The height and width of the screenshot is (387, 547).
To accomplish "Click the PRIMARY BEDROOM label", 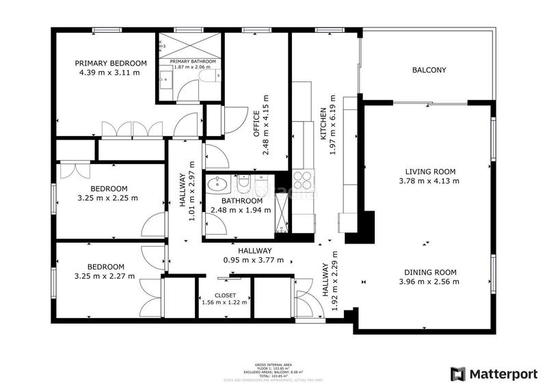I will click(110, 63).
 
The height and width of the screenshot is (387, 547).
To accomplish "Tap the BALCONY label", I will click(429, 70).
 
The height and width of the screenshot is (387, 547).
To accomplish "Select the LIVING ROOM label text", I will click(430, 172).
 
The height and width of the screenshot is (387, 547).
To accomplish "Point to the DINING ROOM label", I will click(429, 271).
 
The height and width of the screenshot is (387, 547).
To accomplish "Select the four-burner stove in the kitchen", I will click(302, 180).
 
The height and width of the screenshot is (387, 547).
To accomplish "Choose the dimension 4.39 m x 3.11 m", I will click(110, 72).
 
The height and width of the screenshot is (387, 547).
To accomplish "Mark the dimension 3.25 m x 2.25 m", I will click(109, 198).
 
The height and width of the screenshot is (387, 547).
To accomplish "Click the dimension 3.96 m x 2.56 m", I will click(429, 281).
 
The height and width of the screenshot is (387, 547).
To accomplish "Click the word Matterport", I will click(502, 373).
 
